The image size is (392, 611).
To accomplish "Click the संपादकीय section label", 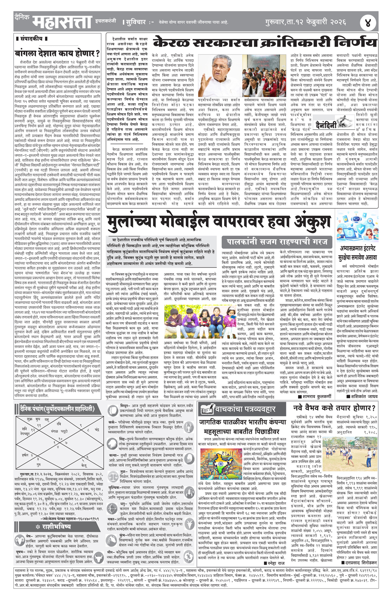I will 32,39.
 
